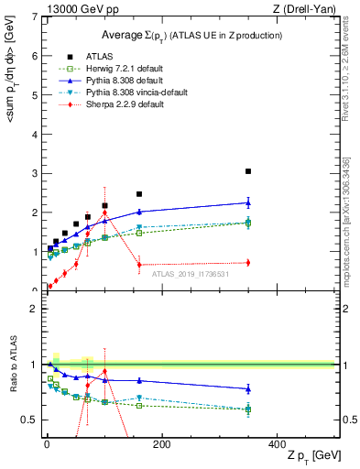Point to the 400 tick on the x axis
pos(277,444)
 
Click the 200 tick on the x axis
pos(161,444)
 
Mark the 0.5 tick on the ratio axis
pos(30,420)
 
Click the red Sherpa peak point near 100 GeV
pos(104,214)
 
